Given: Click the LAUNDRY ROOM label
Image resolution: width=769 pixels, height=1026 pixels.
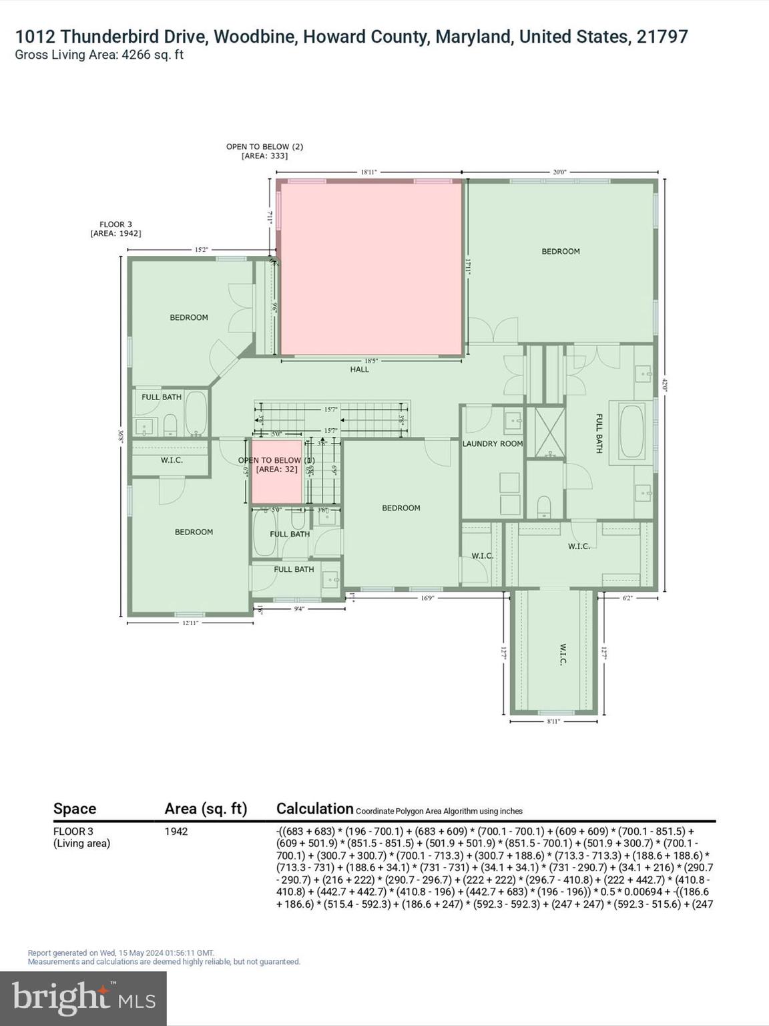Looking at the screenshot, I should (x=493, y=444).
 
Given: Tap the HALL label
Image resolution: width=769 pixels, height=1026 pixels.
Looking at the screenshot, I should (x=359, y=369).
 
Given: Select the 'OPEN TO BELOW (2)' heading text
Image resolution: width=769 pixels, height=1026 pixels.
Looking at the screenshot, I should (x=264, y=146).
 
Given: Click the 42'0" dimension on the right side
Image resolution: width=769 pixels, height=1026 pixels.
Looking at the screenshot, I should (x=664, y=385).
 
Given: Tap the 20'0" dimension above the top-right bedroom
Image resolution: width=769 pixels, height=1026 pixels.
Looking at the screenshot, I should (x=559, y=172).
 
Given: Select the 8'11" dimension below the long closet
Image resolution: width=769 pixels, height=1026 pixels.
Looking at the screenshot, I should (x=553, y=721).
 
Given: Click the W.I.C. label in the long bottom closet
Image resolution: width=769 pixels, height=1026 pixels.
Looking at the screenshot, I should (x=561, y=655).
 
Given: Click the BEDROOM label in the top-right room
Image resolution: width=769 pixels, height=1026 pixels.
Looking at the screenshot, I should (x=560, y=251).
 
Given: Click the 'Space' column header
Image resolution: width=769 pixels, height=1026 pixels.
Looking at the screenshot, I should (x=75, y=809).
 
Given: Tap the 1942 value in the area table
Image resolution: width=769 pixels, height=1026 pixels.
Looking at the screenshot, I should (x=176, y=832).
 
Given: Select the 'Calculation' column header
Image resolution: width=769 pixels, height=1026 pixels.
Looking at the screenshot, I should (x=314, y=809).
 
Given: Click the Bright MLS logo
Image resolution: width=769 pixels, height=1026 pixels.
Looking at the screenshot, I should (x=83, y=998).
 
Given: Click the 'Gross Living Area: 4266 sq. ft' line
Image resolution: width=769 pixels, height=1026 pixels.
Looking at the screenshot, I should (x=99, y=55).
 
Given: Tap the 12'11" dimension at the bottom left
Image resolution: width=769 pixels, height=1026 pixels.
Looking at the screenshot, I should (x=190, y=623).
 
